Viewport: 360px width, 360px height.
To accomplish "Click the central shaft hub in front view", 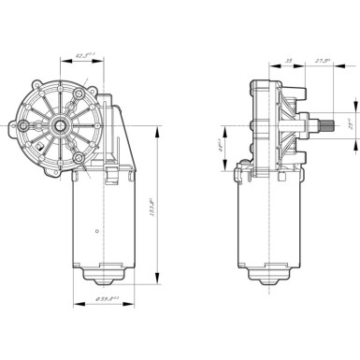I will (59, 122).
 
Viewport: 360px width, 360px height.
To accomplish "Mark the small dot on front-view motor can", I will (96, 228).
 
